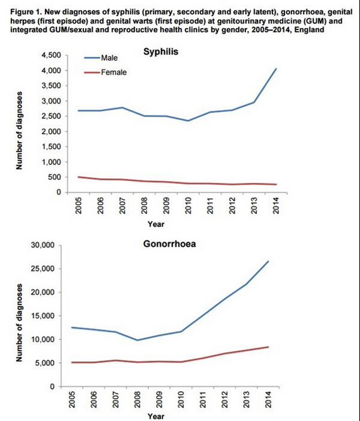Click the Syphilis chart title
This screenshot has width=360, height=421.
coord(161,52)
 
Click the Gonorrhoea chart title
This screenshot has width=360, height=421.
coord(170,244)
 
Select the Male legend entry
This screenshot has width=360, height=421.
coord(101,58)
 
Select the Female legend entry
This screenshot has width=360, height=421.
coord(105,73)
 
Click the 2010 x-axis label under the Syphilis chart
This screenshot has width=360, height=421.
coord(188,205)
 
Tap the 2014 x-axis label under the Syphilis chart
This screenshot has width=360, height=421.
coord(276,205)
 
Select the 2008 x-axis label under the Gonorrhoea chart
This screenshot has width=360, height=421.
coord(137,399)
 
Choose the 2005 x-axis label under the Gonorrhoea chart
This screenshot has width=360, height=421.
coord(71,399)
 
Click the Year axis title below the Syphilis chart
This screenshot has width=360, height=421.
coord(156,224)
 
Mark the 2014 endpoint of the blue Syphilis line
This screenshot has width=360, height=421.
coord(276,69)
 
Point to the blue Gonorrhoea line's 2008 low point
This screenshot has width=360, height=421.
coord(137,340)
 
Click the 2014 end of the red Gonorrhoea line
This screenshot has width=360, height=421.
coord(268,347)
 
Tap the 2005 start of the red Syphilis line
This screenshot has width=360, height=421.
coord(78,177)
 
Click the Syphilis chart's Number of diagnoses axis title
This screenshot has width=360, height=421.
coord(19,131)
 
